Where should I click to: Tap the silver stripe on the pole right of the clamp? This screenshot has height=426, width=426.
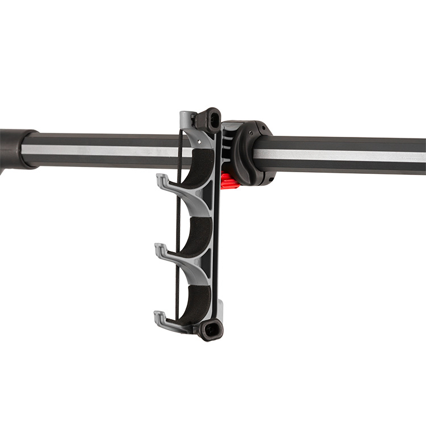tap(341, 155)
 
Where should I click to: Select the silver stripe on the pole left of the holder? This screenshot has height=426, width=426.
tap(97, 152)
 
